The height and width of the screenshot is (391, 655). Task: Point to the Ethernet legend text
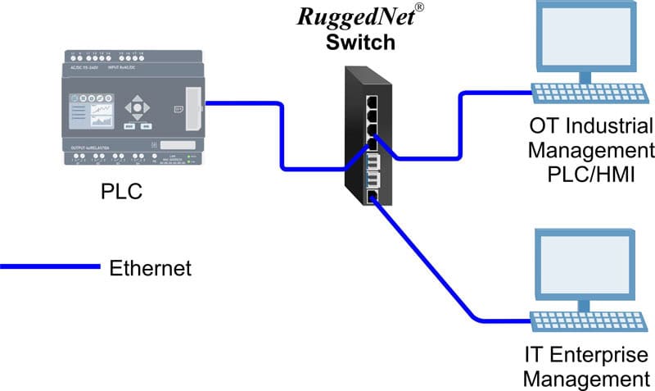(150, 267)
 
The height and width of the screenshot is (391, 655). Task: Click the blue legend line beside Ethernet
(49, 266)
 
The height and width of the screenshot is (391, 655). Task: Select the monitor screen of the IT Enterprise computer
(583, 261)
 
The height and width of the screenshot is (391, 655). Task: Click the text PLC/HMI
(591, 174)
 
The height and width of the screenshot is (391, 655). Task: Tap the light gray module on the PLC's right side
(192, 107)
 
